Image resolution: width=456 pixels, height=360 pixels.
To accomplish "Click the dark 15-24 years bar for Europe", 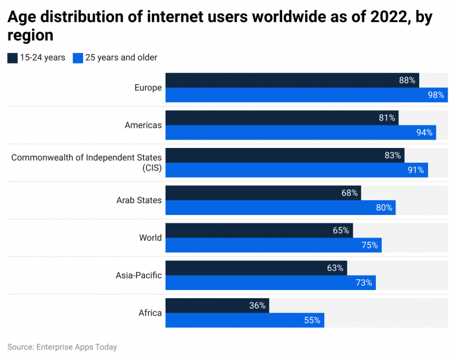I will [291, 81].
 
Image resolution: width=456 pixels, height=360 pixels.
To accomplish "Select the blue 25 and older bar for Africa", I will [245, 320].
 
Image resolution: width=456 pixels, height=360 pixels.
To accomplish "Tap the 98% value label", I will [435, 95].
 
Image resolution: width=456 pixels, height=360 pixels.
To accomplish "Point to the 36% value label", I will [256, 305].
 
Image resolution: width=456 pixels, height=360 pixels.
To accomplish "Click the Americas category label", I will [142, 125].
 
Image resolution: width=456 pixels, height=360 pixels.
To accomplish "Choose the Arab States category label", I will [139, 200].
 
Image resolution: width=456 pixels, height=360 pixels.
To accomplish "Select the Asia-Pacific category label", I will [138, 275].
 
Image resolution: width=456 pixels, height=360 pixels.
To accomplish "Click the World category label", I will [150, 238].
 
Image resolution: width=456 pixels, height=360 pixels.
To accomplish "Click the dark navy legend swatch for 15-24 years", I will [12, 58].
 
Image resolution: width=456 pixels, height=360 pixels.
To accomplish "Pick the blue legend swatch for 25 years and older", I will [77, 58].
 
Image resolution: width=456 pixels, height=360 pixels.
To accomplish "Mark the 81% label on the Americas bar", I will [387, 118].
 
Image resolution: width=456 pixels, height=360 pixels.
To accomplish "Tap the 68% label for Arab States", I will [350, 192].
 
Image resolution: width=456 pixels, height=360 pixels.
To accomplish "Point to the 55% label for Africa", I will [312, 320].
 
